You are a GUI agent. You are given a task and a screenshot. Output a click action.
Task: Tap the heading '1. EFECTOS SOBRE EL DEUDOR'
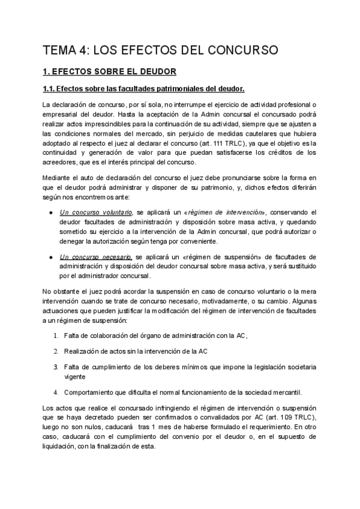coord(109,72)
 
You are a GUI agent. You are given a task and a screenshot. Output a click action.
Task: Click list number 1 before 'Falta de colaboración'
coord(56,335)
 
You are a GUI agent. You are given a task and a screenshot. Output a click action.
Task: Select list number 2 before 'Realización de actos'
coord(56,351)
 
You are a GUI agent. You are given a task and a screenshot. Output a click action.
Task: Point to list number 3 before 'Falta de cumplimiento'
coord(56,366)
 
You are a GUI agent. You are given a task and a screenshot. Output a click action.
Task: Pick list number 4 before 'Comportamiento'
coord(56,392)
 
